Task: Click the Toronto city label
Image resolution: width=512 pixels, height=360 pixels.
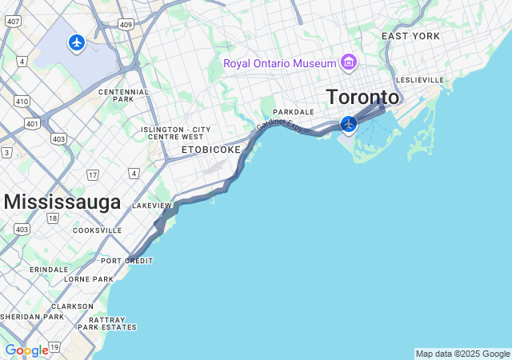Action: point(362,97)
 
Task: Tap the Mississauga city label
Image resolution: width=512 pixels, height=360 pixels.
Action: point(62,202)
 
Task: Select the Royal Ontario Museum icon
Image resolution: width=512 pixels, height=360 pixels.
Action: point(348,62)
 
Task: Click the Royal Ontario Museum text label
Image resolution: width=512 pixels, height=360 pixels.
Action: point(279,62)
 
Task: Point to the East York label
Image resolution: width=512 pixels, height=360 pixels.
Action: point(410,37)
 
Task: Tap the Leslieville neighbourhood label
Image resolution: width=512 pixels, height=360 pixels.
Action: point(419,80)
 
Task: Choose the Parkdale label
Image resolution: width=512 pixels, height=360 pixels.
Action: point(294,112)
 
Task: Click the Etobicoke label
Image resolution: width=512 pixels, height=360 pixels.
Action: point(211,150)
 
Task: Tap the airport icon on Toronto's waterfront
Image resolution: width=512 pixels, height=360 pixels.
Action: point(349,124)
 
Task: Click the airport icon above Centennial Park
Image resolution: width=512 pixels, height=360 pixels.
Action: point(77,42)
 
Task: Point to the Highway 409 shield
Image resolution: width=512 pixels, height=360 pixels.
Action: point(126,24)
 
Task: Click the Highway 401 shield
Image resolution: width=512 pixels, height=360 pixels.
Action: point(32,123)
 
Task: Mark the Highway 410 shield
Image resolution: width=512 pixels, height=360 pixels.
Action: point(22,101)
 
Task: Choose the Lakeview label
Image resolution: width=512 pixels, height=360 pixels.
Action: point(152,206)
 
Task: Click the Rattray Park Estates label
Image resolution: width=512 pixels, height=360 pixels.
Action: point(107,322)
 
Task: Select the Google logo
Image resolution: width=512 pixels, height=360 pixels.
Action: point(26,350)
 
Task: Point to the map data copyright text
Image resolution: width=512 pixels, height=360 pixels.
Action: point(462,354)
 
